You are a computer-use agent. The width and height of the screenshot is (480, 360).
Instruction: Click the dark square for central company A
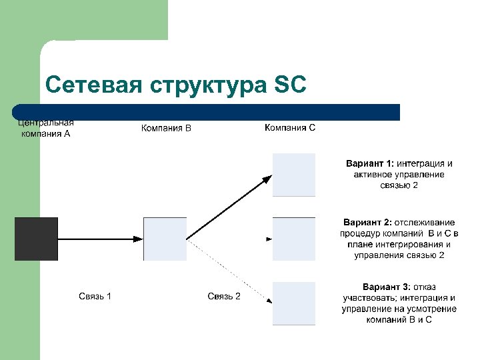coord(36,238)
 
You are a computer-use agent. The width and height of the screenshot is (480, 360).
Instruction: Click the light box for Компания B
coord(165,238)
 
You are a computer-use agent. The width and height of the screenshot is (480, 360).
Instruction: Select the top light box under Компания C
coord(294,175)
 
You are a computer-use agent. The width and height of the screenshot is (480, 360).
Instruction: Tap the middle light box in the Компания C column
coord(294,238)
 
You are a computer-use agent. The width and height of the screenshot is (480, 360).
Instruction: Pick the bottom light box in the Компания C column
coord(294,303)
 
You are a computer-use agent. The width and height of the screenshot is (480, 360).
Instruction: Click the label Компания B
coord(166,128)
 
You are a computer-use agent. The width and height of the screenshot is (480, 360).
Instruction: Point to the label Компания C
coord(290,127)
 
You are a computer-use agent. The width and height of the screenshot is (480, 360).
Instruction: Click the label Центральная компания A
coord(45,127)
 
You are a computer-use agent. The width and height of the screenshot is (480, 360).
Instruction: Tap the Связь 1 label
coord(95,296)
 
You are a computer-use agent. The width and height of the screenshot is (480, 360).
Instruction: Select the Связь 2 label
coord(224,296)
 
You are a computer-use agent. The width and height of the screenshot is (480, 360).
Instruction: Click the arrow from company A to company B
coord(100,238)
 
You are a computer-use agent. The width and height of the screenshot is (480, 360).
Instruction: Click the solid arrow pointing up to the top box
coord(230,206)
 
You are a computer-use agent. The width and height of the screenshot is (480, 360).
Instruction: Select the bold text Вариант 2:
coord(367,222)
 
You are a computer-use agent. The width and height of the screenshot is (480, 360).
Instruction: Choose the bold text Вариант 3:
coord(387,287)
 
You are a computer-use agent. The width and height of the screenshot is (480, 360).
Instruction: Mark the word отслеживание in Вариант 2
coord(425,222)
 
